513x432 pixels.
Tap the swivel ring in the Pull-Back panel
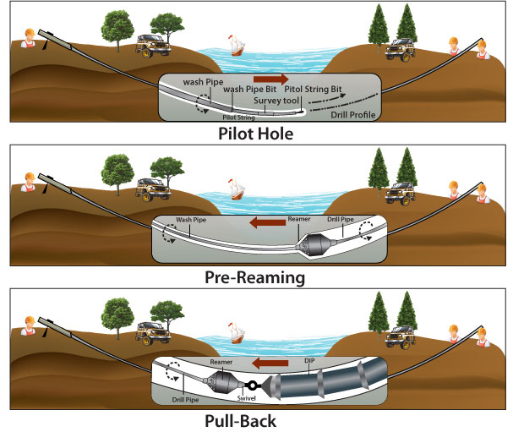(x=253, y=386)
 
